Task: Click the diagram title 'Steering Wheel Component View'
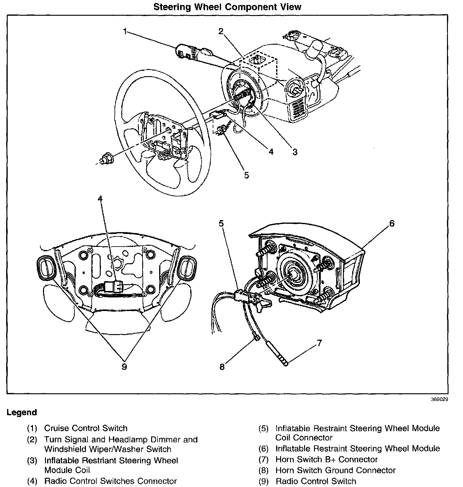[227, 7]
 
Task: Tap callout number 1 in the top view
[125, 31]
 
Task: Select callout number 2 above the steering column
[221, 31]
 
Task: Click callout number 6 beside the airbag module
[392, 223]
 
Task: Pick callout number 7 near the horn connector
[319, 343]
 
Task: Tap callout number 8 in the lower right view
[222, 367]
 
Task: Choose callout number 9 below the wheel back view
[124, 367]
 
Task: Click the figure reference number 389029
[439, 399]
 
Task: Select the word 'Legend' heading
[22, 412]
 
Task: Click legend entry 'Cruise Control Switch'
[86, 428]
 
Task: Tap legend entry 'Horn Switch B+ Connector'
[326, 460]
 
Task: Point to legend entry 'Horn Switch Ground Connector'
[335, 470]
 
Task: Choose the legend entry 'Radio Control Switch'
[316, 481]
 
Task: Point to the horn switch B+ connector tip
[284, 362]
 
